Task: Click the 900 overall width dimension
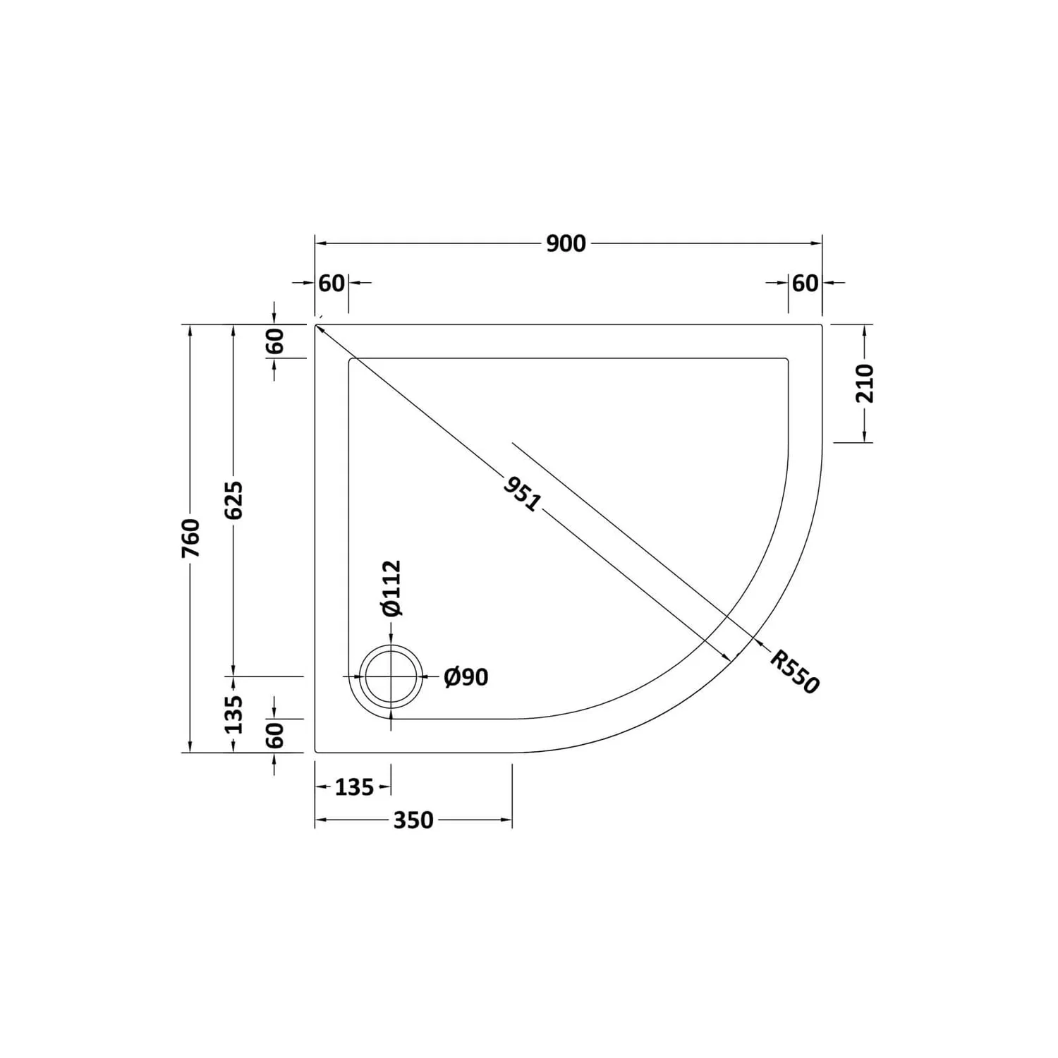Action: [x=566, y=243]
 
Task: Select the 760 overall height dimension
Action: [x=191, y=537]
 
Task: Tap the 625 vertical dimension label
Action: [x=234, y=500]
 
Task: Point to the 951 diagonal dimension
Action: [x=523, y=494]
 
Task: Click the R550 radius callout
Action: [x=794, y=672]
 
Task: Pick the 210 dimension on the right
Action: [x=865, y=383]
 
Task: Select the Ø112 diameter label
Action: [x=391, y=588]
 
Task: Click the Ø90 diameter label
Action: [x=466, y=677]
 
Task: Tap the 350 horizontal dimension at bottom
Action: [x=413, y=820]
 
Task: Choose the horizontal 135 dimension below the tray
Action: [x=354, y=787]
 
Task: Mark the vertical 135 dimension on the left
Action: [x=234, y=714]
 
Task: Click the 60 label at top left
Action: [x=332, y=283]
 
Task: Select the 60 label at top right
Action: [x=805, y=283]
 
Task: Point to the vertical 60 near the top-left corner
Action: [x=276, y=341]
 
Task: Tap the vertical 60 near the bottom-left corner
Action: [x=276, y=736]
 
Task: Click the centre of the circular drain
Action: [x=391, y=676]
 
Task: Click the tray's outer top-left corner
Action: [x=315, y=325]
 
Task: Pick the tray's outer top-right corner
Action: [x=822, y=325]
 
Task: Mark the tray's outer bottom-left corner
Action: [x=315, y=752]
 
